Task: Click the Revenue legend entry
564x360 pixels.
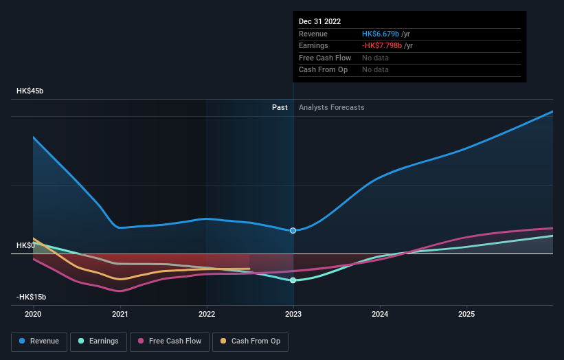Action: click(x=39, y=341)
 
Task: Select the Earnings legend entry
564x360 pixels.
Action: click(x=98, y=341)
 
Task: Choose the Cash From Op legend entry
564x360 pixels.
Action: click(x=250, y=341)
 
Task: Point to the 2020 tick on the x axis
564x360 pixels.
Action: click(x=33, y=314)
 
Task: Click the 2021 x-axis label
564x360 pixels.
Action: click(x=120, y=314)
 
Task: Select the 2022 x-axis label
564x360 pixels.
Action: click(x=207, y=314)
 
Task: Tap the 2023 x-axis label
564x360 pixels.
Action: click(x=293, y=314)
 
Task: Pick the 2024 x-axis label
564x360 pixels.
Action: click(x=380, y=314)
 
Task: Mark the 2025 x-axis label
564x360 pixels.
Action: click(x=466, y=314)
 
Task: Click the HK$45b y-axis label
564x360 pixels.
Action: click(x=30, y=91)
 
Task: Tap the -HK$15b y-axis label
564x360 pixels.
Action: click(x=32, y=297)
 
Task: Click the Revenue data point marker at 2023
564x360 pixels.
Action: click(x=293, y=230)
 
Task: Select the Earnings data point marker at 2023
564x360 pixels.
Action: click(x=293, y=280)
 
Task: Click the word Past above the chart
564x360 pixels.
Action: click(x=280, y=108)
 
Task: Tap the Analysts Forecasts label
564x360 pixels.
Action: click(x=331, y=108)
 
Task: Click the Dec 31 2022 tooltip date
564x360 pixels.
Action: click(x=319, y=22)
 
